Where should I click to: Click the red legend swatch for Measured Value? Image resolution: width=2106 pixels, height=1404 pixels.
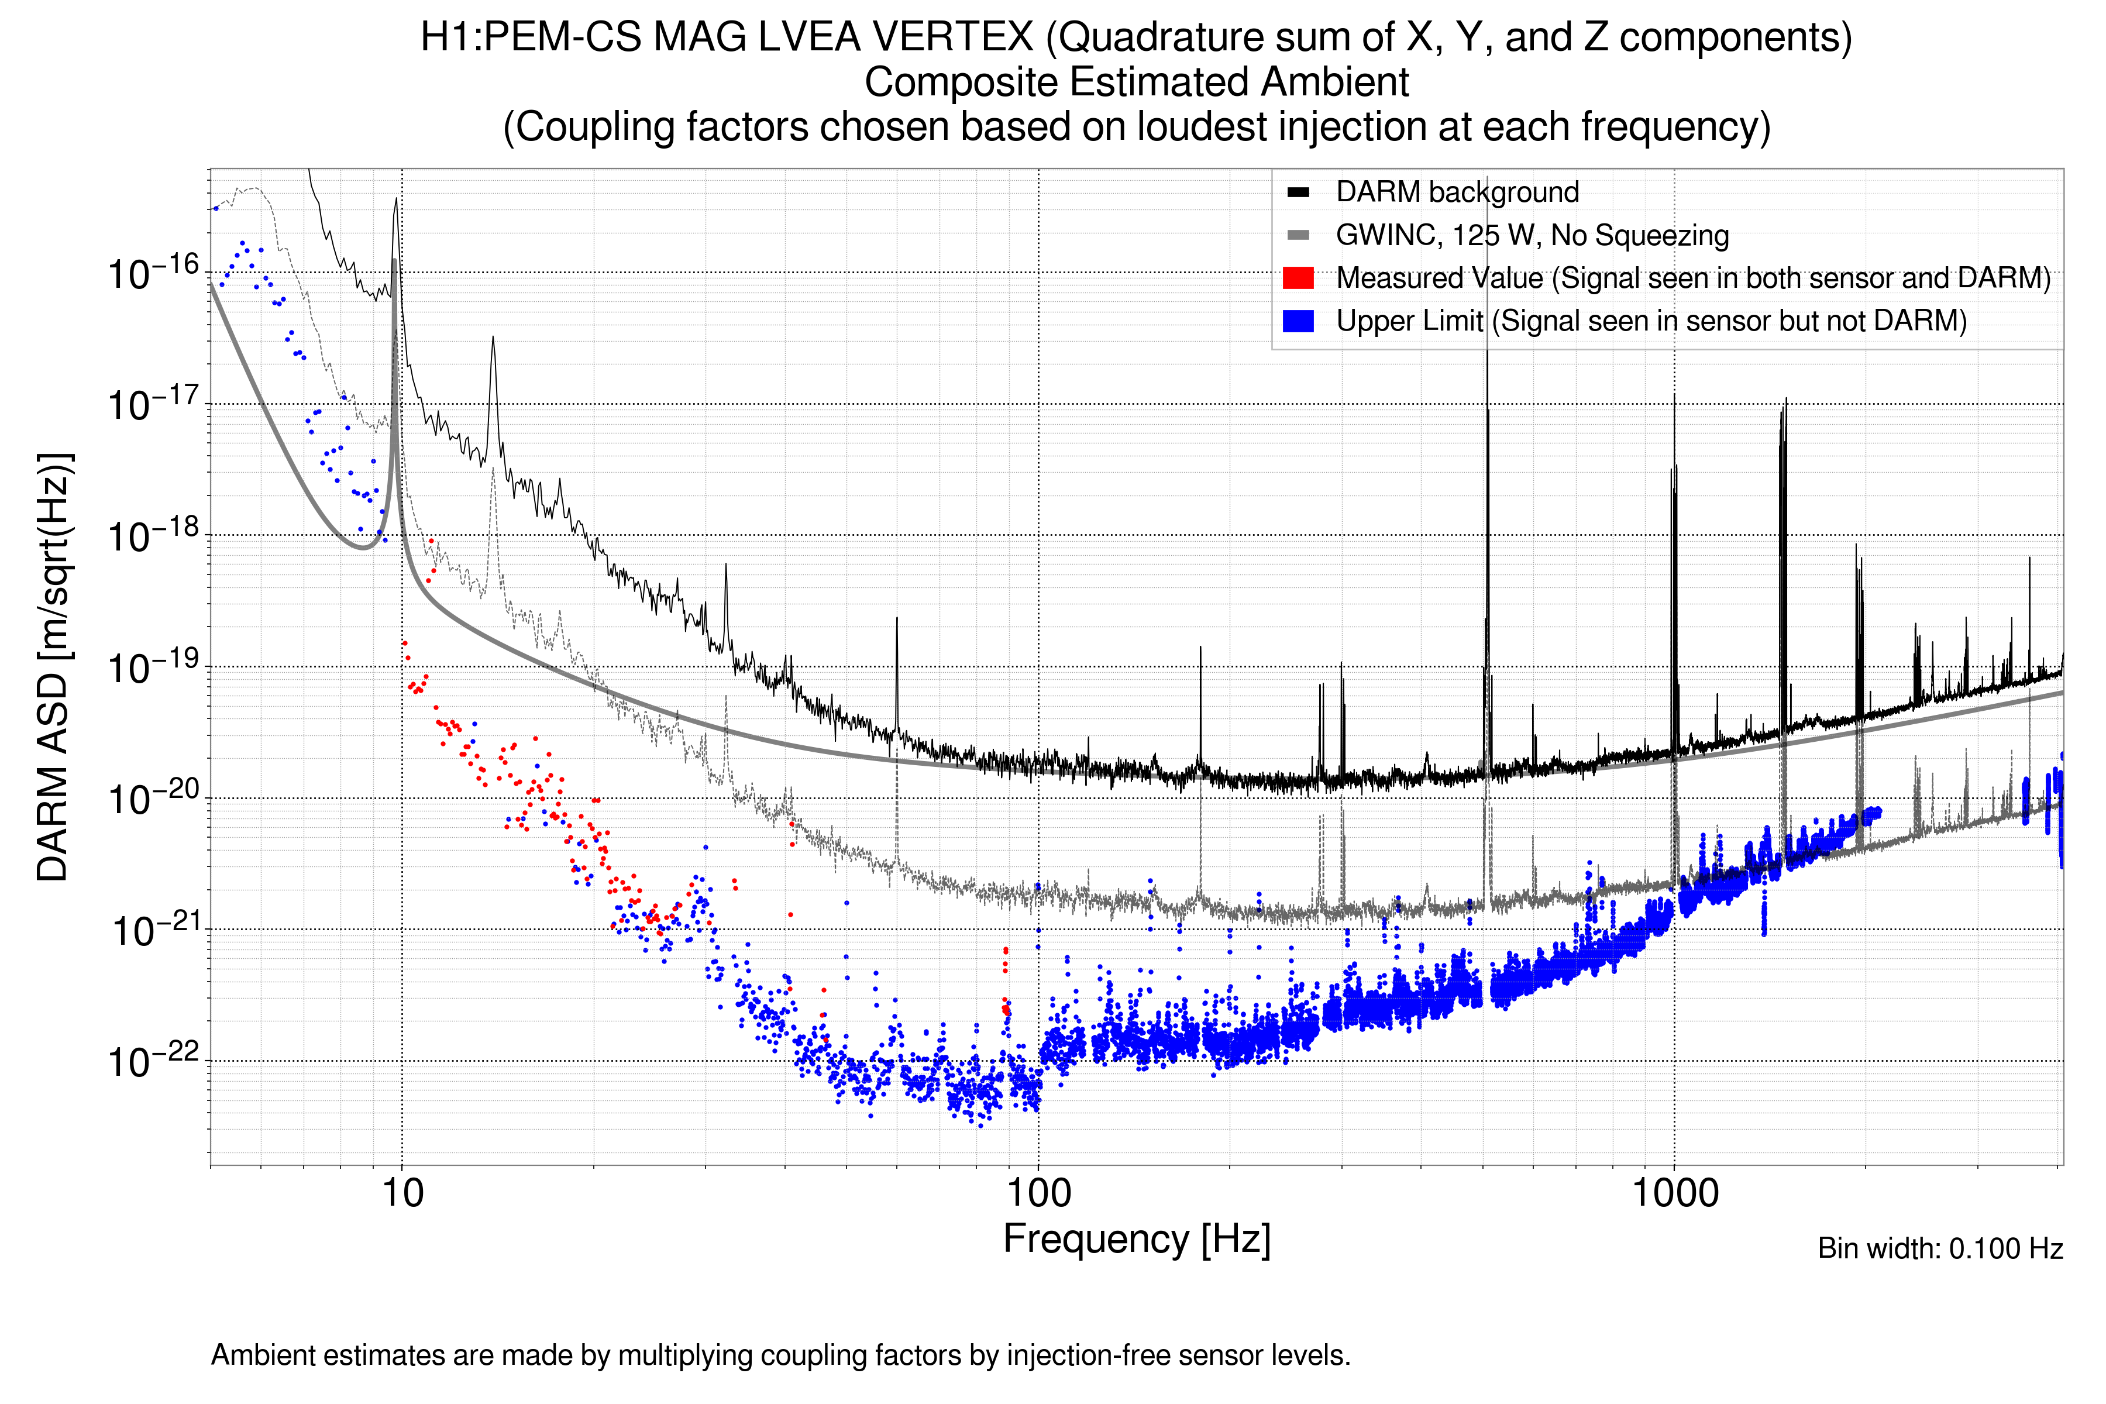(1298, 278)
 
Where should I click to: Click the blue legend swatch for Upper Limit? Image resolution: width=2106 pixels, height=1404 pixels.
(1298, 321)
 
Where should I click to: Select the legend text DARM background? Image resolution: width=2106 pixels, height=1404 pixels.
(1457, 192)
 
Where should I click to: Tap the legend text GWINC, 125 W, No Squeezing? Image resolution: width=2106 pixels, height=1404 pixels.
(1531, 236)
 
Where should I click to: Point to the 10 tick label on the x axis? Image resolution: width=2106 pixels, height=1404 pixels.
(402, 1193)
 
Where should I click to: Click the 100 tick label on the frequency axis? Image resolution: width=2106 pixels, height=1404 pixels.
(1039, 1193)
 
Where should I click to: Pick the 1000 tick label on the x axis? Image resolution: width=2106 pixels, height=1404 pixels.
(1674, 1193)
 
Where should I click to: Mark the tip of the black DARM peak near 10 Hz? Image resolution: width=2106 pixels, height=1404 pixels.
(396, 199)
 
